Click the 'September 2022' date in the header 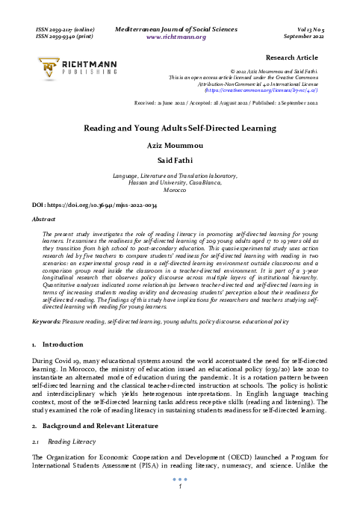(x=301, y=36)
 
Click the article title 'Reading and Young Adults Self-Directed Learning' (x=179, y=128)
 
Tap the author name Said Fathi (x=179, y=159)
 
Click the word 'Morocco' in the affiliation (x=179, y=190)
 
